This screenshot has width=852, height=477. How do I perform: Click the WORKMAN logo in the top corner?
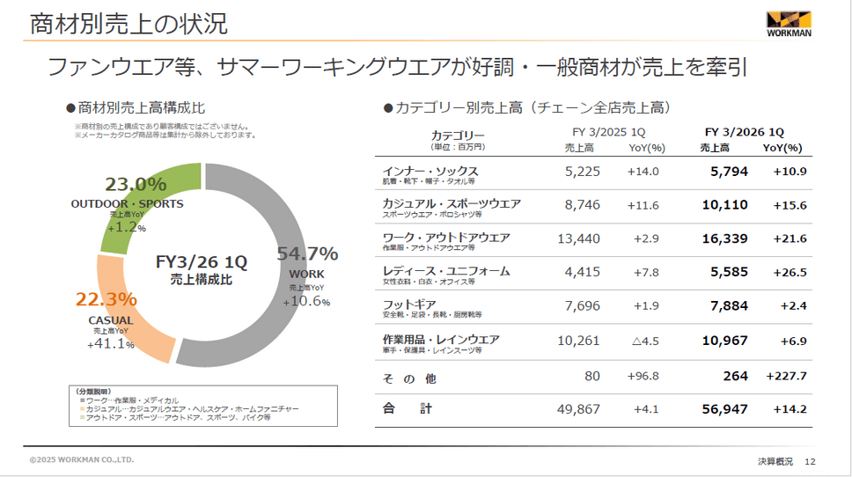click(789, 25)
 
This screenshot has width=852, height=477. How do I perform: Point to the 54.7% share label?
click(307, 254)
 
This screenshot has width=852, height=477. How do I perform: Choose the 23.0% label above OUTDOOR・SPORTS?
click(136, 185)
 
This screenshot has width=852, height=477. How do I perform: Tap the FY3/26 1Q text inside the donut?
click(202, 261)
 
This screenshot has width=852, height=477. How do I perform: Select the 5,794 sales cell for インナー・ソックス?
click(729, 172)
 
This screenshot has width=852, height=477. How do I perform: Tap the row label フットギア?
click(406, 305)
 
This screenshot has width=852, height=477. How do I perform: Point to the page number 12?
click(811, 461)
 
